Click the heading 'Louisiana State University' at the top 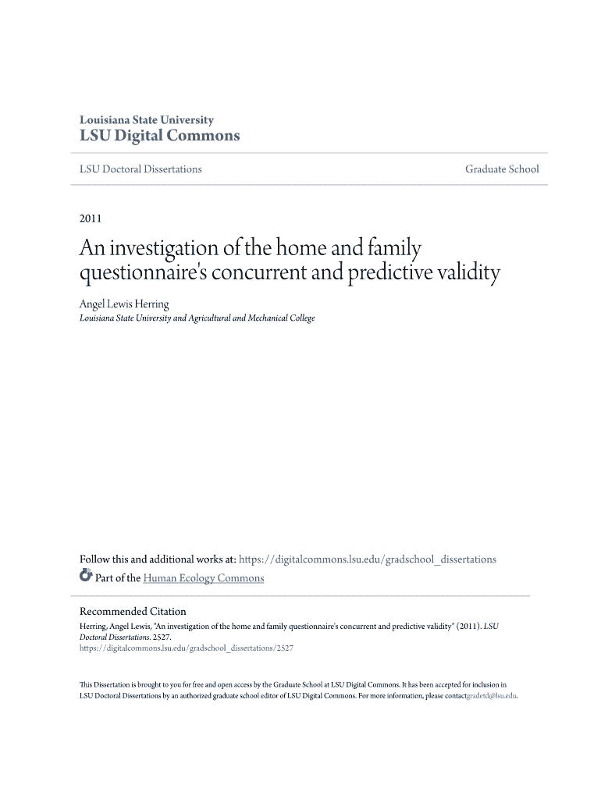147,120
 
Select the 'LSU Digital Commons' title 160,136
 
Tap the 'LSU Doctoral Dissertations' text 140,169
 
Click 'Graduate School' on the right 502,169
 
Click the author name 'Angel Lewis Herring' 124,304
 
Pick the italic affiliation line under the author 197,318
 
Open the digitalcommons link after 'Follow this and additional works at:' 367,559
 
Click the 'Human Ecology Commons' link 204,578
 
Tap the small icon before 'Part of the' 86,577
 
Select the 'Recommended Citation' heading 133,611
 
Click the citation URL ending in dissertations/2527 187,648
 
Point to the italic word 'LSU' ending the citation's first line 491,626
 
